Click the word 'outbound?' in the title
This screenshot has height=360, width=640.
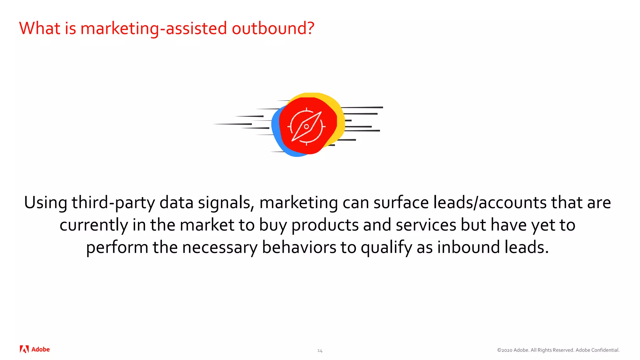coord(273,28)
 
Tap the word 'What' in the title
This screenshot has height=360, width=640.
coord(40,28)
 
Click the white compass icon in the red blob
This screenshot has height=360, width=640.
coord(307,127)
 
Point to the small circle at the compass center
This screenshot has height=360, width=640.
coord(307,127)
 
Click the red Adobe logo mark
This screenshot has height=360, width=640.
coord(24,349)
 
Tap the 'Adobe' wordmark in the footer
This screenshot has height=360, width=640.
coord(41,349)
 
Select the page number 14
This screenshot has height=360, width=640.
coord(320,351)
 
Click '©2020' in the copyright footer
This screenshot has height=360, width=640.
coord(504,350)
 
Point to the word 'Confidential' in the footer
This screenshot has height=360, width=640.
coord(604,350)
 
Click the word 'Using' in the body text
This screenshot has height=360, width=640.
coord(46,203)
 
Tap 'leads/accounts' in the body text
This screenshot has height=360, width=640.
coord(490,202)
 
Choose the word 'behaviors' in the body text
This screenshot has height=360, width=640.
coord(299,247)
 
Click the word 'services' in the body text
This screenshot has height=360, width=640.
coord(426,225)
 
